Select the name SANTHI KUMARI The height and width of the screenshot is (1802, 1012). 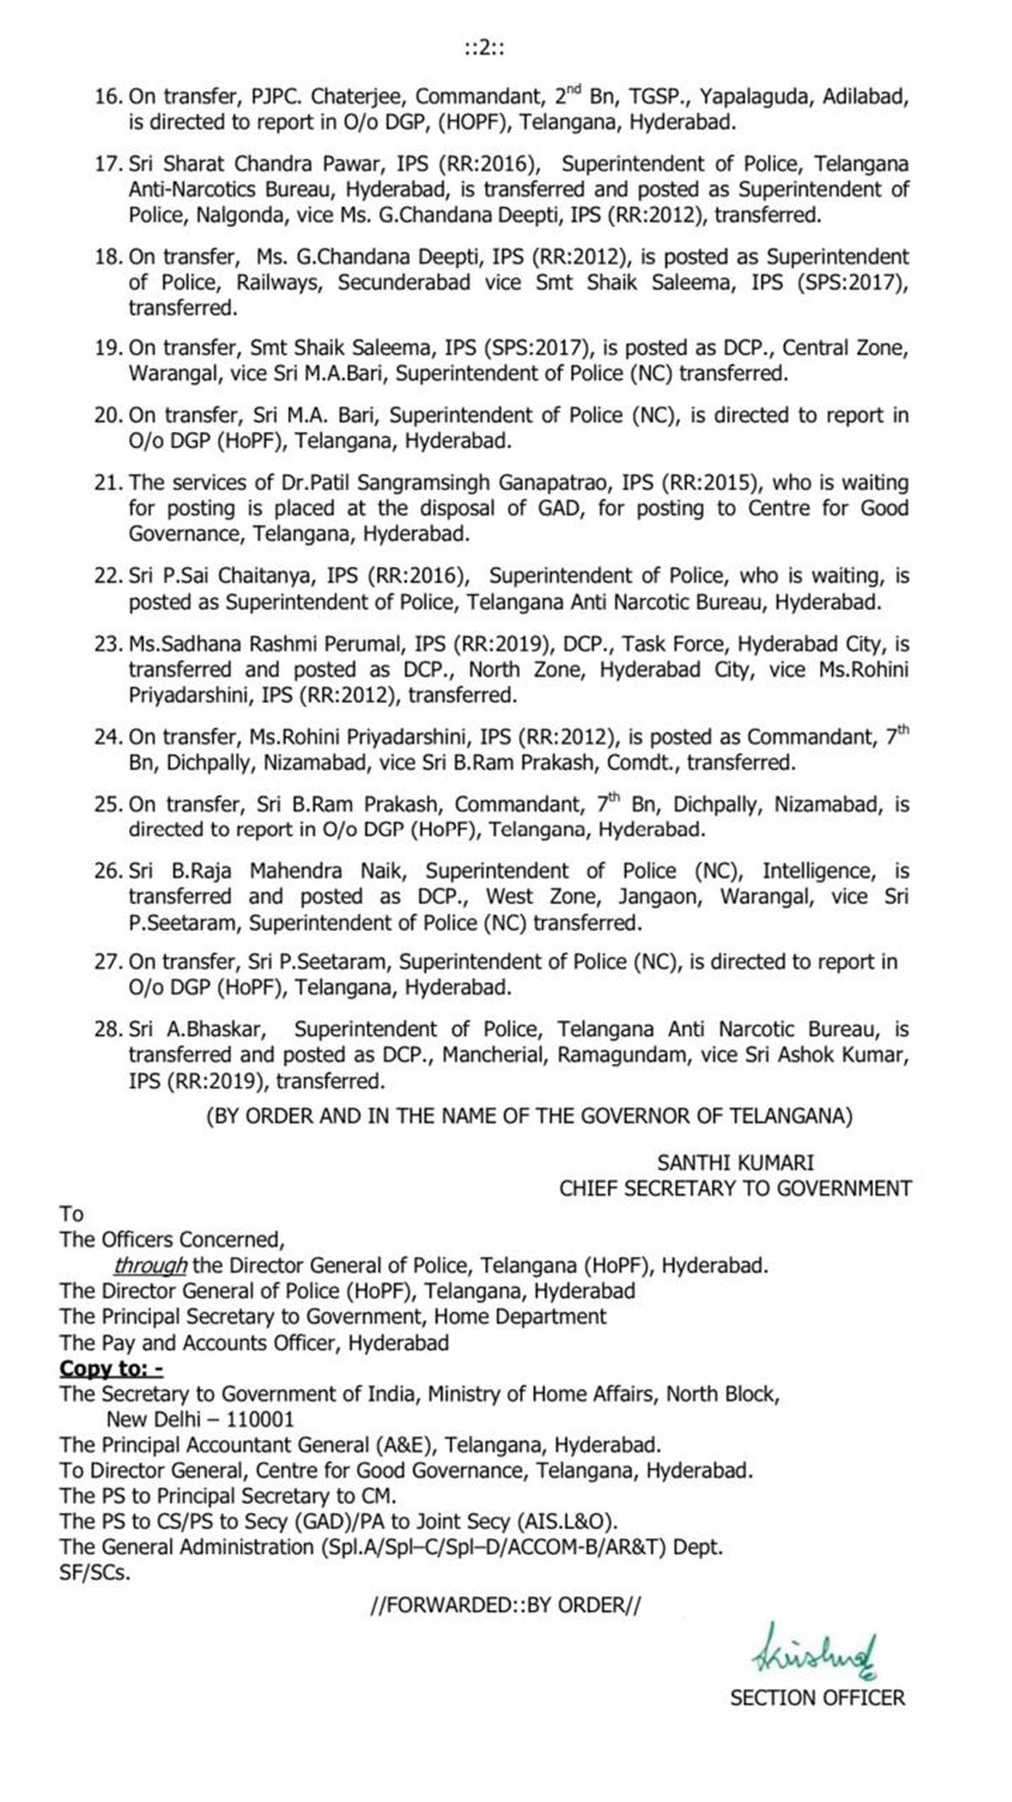point(735,1163)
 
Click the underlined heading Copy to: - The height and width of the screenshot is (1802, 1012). point(111,1368)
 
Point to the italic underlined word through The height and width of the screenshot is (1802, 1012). point(150,1265)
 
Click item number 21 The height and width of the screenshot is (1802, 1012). point(108,483)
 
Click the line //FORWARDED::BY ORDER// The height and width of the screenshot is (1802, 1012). point(505,1605)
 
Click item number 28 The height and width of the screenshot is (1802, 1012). point(108,1029)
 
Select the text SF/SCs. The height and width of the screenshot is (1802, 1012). point(95,1573)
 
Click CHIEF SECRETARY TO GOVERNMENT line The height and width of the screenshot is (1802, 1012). point(735,1188)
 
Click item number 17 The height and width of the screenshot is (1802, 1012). point(108,163)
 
